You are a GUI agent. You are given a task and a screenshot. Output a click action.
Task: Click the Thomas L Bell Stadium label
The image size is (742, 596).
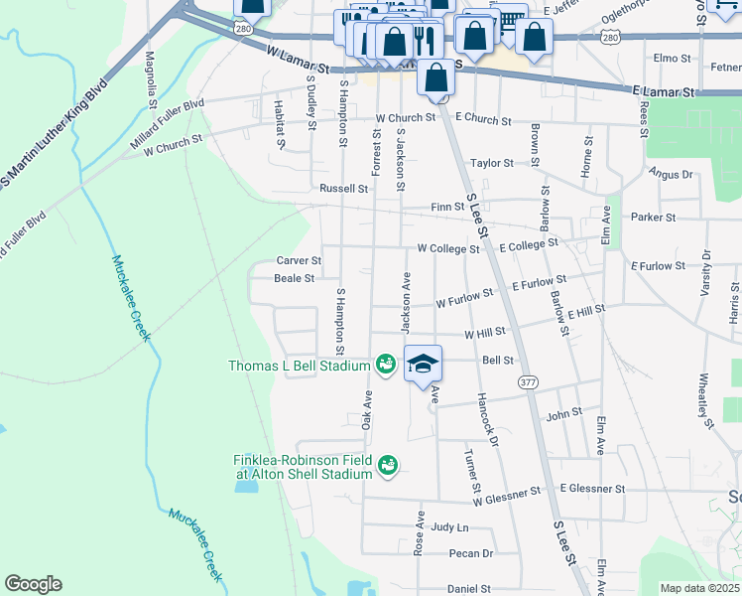point(300,366)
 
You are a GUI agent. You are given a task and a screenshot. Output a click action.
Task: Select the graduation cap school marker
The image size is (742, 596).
point(423,364)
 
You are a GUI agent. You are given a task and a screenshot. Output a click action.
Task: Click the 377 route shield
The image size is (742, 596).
point(527,380)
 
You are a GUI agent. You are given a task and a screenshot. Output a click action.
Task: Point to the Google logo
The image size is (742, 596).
point(33,584)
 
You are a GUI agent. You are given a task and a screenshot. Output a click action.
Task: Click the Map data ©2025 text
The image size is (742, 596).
point(699,588)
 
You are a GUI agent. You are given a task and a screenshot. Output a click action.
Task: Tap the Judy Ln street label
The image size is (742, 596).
point(449,527)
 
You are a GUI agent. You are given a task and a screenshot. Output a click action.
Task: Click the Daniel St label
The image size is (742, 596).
point(469,588)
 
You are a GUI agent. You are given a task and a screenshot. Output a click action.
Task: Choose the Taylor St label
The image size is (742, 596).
point(492,163)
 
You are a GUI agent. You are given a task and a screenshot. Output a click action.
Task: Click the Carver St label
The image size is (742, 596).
point(299,260)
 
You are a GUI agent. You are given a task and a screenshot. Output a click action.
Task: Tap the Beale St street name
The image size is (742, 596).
point(295,279)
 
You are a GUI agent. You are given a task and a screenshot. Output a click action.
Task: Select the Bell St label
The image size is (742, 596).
point(497,361)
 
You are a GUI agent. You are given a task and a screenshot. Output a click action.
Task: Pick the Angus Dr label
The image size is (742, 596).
point(671,174)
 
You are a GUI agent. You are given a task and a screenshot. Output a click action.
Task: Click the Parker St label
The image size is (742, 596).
point(653,217)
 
